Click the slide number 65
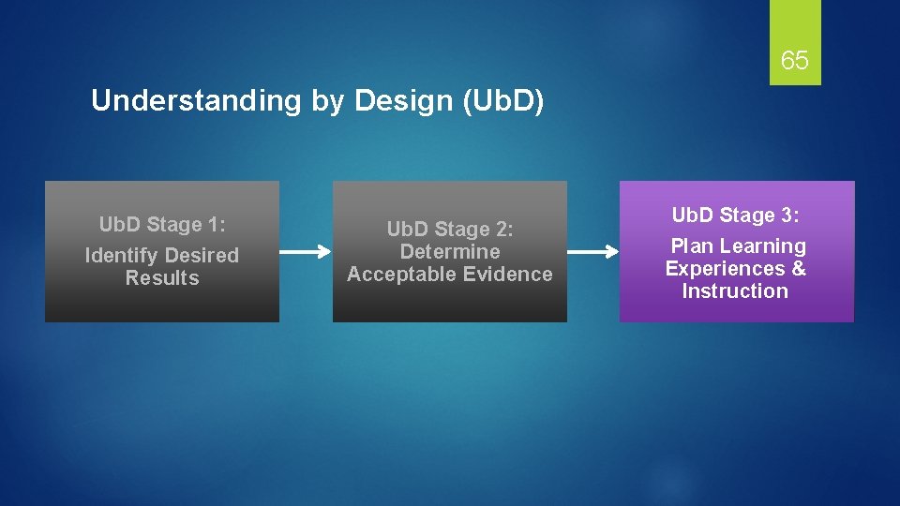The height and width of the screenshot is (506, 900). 794,61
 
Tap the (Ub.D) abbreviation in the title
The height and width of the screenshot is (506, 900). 502,101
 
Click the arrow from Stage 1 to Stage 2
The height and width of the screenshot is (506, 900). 305,252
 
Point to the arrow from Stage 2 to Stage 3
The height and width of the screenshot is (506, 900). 592,252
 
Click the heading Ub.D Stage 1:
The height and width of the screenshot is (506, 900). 163,225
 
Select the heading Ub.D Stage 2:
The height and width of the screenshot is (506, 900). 450,230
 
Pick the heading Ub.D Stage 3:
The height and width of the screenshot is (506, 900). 736,216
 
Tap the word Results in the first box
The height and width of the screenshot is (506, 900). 162,278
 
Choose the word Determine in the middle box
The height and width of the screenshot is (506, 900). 450,252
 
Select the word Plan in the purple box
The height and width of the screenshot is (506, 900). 691,246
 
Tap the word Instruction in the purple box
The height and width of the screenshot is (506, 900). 735,291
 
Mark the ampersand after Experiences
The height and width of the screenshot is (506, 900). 798,269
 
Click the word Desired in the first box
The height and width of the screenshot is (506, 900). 202,256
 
